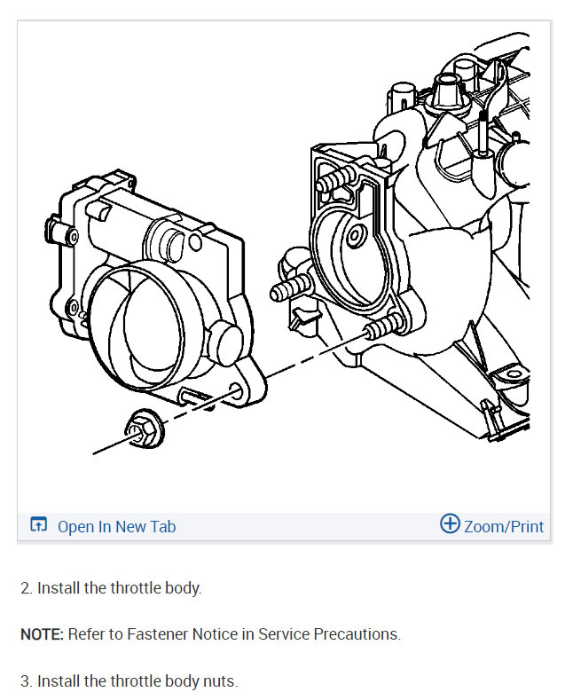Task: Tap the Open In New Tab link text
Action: [116, 527]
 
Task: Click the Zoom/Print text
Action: [504, 527]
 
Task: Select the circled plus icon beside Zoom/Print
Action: [450, 524]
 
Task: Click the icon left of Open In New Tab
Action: [38, 525]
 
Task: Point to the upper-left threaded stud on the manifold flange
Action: [330, 184]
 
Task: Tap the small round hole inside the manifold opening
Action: [356, 236]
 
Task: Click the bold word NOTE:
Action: [40, 634]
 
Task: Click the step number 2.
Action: [26, 587]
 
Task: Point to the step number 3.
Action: [26, 681]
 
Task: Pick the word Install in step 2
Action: [59, 587]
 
